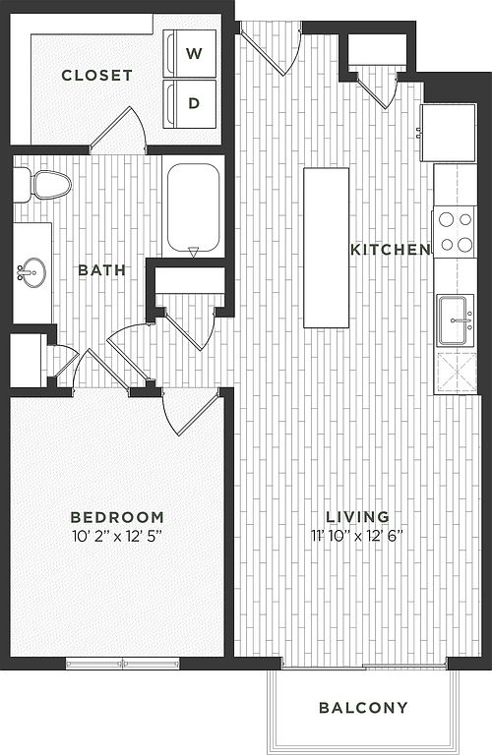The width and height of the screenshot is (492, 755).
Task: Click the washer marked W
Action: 189,53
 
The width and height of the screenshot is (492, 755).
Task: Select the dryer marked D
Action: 189,104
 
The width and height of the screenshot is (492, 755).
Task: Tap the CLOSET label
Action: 96,76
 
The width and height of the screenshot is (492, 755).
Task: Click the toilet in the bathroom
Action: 42,185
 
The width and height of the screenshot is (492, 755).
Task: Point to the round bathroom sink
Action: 32,272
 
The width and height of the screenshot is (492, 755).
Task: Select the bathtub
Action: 193,207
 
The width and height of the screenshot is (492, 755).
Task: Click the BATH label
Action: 101,270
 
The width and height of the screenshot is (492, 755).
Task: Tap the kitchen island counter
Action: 327,248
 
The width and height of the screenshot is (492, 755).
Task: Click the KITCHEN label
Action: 391,250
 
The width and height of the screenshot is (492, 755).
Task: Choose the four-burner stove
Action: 455,233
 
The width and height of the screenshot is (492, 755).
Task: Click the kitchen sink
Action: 456,320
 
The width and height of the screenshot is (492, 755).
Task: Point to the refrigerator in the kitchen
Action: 449,133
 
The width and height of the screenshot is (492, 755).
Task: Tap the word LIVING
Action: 357,517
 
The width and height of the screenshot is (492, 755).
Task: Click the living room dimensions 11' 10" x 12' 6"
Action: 357,536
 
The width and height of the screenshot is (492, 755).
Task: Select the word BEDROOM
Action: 117,518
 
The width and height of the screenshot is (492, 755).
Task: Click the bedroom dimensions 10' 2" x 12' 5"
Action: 116,537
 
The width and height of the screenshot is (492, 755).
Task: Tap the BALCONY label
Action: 363,708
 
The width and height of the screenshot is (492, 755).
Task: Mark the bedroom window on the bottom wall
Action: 122,664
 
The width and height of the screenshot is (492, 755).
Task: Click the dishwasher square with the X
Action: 455,373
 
